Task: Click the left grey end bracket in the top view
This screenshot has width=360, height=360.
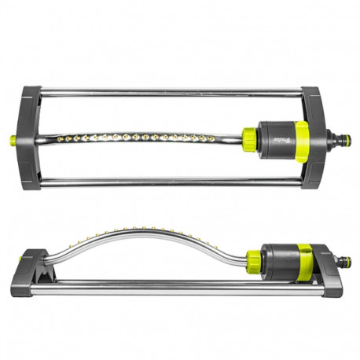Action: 31,137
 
